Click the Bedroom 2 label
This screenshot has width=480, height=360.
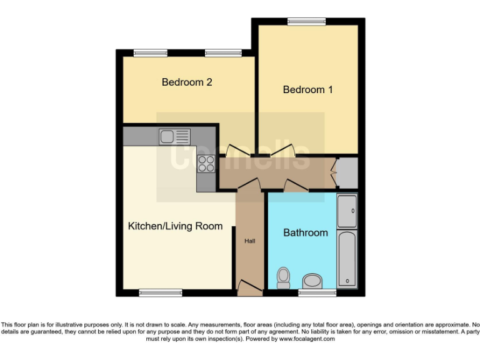point(187,82)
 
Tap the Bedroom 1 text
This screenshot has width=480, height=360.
point(307,89)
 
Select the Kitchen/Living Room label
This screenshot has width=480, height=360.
point(175,226)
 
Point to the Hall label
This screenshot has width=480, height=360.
point(249,241)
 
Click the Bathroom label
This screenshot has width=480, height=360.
point(306,232)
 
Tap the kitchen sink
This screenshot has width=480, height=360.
point(174,136)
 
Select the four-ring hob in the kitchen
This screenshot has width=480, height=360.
point(205,163)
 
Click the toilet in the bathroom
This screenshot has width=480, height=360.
point(283,277)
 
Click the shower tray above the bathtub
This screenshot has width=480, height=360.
point(347,211)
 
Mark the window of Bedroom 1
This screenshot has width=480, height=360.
point(307,22)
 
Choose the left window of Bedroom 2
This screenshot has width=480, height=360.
point(149,53)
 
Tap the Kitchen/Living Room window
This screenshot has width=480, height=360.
point(160,292)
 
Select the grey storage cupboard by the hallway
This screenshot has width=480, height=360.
point(347,172)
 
